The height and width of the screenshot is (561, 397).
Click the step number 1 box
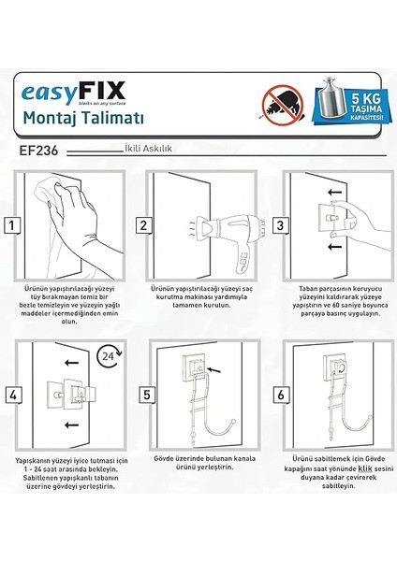pyautogui.click(x=12, y=224)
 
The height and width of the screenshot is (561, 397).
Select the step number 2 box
pyautogui.click(x=143, y=224)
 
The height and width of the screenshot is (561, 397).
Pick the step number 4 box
pyautogui.click(x=12, y=396)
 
